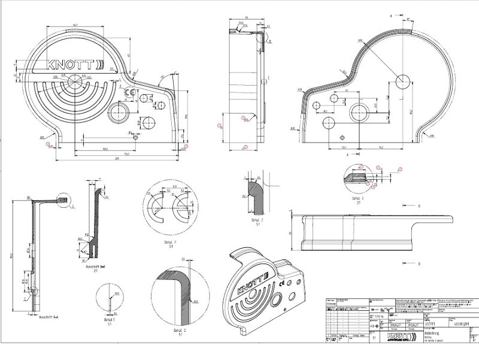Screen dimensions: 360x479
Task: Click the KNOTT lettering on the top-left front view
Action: click(x=72, y=64)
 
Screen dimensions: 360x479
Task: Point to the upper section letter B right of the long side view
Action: click(x=419, y=206)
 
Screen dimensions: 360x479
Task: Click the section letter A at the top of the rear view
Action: click(x=391, y=12)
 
